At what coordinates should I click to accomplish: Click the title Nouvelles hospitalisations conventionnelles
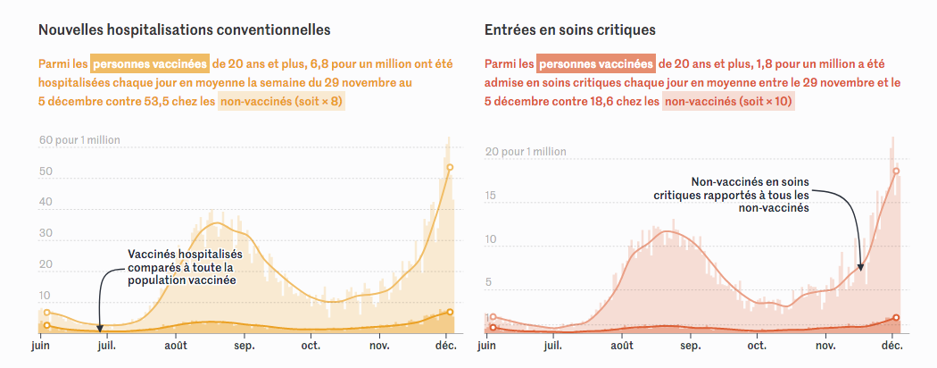tap(185, 29)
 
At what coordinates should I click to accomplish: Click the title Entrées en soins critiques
tap(570, 29)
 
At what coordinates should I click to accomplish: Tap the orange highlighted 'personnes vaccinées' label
tap(150, 64)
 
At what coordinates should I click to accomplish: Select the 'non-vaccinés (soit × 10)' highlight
tap(728, 102)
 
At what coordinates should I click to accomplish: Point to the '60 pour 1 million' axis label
tap(79, 140)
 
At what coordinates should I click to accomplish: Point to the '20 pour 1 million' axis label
tap(526, 152)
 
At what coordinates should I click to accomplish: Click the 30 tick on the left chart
tap(46, 233)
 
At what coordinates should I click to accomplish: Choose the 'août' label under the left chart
tap(176, 346)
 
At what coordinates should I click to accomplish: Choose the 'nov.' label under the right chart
tap(825, 346)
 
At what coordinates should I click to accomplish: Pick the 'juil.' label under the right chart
tap(553, 346)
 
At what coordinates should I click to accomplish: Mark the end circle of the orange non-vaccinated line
tap(450, 167)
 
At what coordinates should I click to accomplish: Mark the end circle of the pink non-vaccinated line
tap(895, 171)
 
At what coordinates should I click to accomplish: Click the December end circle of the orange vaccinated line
tap(450, 312)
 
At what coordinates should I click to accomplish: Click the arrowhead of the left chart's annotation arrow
tap(99, 329)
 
